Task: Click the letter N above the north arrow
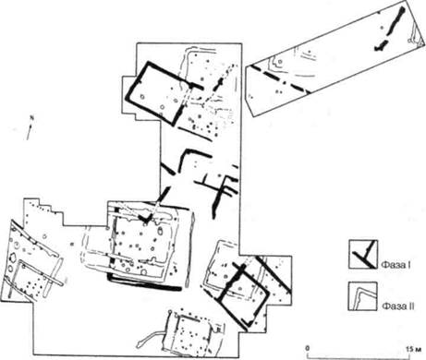(30, 117)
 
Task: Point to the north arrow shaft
(30, 131)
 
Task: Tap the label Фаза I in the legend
(396, 264)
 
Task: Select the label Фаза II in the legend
(397, 306)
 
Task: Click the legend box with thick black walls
(363, 254)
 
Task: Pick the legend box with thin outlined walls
(363, 296)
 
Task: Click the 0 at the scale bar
(307, 348)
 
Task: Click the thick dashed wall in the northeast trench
(279, 78)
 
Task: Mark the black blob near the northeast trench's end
(381, 45)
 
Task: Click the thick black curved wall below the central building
(144, 282)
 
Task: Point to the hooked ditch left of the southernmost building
(151, 338)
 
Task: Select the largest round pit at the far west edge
(13, 258)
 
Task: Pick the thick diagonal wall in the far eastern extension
(274, 275)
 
